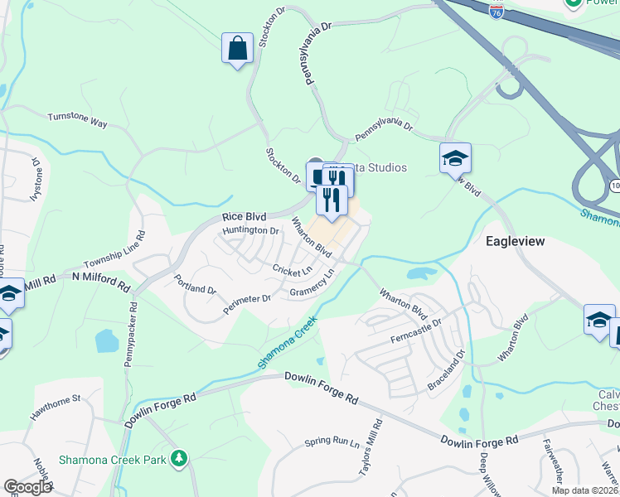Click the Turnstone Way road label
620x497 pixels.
click(x=77, y=120)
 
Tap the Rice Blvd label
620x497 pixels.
click(x=243, y=217)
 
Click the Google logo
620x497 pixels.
click(x=27, y=488)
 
